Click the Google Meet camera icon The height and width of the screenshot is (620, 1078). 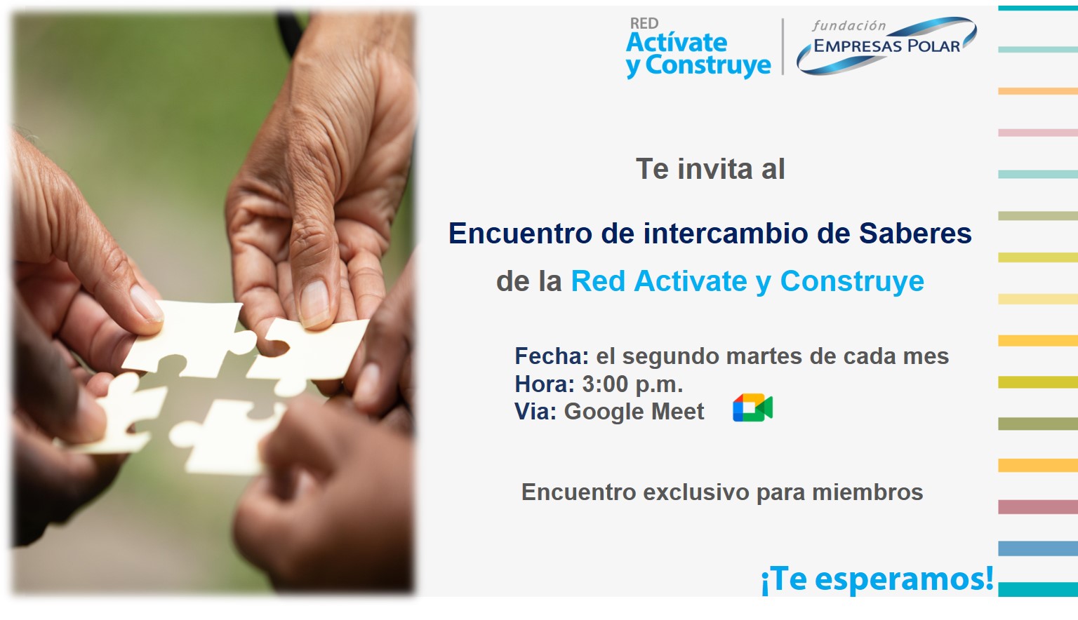(x=752, y=407)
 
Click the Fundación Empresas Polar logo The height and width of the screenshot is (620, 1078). (x=886, y=46)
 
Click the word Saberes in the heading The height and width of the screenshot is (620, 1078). (x=915, y=234)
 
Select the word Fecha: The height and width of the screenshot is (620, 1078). (x=552, y=356)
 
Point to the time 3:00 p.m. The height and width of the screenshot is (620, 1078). (x=632, y=384)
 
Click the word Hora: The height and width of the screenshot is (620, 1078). (x=545, y=384)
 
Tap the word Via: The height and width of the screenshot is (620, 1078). (x=535, y=412)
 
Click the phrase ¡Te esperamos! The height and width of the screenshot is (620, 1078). (x=877, y=579)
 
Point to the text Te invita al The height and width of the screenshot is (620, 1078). (x=710, y=169)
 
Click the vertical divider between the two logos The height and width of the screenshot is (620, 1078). (x=783, y=47)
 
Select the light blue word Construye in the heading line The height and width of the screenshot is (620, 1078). (x=852, y=281)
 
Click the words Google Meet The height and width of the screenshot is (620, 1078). (x=634, y=412)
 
